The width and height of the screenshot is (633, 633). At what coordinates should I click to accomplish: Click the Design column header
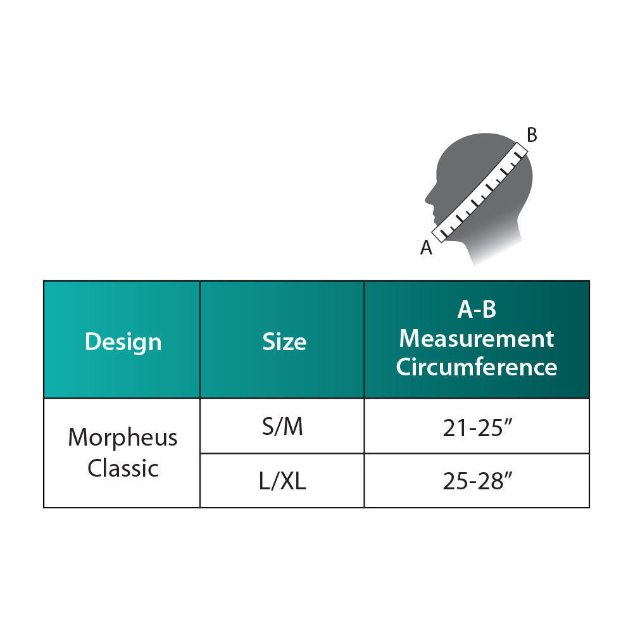[x=123, y=342]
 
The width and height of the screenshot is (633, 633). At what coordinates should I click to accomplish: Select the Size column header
[x=284, y=342]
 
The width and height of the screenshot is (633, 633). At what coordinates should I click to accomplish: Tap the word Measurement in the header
[x=477, y=339]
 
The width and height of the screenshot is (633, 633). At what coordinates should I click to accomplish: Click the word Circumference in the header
[x=477, y=367]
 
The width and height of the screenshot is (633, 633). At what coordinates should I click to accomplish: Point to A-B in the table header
[x=477, y=310]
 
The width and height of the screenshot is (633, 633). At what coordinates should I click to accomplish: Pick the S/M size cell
[x=282, y=427]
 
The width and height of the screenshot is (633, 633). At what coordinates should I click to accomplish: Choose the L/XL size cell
[x=282, y=482]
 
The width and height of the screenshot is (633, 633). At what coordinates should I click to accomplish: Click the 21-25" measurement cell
[x=477, y=427]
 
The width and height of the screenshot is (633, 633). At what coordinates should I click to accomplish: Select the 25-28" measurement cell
[x=477, y=482]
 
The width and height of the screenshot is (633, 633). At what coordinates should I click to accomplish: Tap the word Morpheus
[x=123, y=437]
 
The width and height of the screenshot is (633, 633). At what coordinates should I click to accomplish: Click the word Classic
[x=123, y=468]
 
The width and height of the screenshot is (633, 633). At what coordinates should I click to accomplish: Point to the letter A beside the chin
[x=427, y=248]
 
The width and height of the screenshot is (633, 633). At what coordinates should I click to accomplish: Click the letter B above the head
[x=532, y=135]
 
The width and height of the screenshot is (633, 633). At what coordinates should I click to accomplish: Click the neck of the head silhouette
[x=487, y=244]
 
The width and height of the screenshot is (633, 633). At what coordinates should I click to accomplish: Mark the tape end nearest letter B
[x=520, y=151]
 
